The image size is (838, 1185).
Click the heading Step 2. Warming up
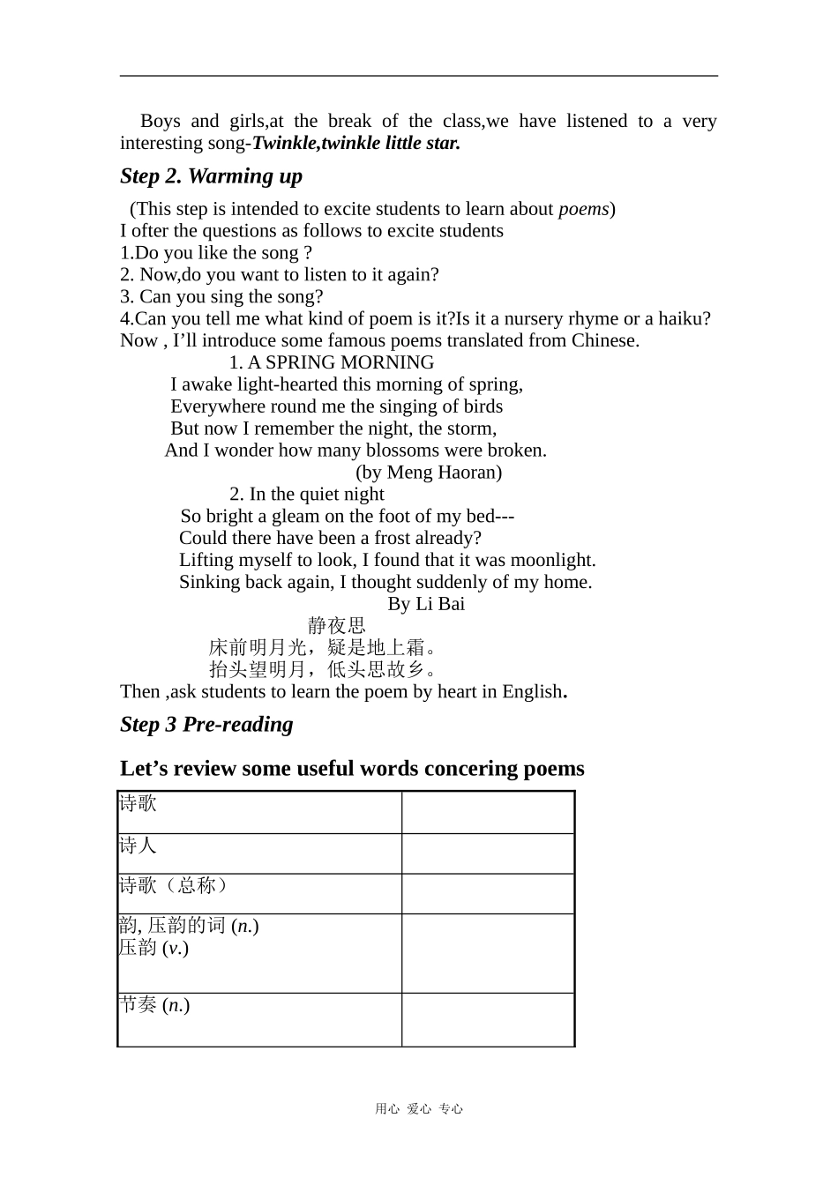(x=211, y=176)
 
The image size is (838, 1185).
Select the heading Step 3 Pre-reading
(x=206, y=725)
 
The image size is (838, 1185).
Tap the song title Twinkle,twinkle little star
(x=356, y=143)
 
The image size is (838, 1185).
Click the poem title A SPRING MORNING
(x=340, y=362)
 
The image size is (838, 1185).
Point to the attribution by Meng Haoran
(x=429, y=473)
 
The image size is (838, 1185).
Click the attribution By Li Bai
(x=426, y=604)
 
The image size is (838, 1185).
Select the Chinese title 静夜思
(x=336, y=626)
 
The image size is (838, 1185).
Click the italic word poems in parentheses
(x=583, y=209)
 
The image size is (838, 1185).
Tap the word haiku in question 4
(x=685, y=318)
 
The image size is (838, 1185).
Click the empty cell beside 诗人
(x=488, y=853)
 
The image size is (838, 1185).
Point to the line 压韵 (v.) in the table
(x=153, y=948)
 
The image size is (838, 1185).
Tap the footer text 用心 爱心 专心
(x=418, y=1109)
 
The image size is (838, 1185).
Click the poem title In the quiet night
(x=317, y=495)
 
